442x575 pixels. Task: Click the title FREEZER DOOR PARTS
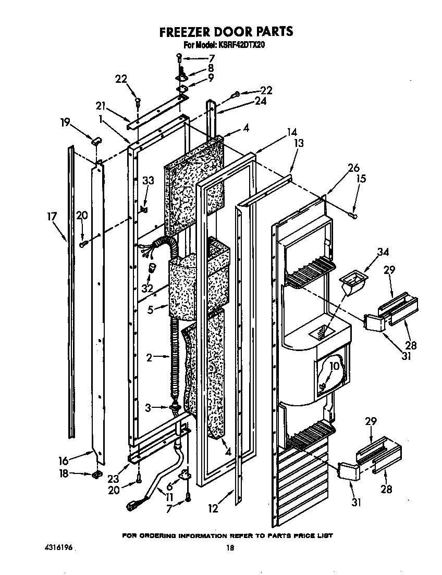point(226,32)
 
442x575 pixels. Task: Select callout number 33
point(149,181)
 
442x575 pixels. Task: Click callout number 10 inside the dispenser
point(334,366)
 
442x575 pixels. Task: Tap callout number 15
point(361,179)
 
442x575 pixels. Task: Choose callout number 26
point(353,168)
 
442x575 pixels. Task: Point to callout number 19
point(65,123)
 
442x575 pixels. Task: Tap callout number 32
point(148,287)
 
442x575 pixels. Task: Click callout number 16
point(64,460)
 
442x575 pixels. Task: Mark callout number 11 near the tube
point(169,497)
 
